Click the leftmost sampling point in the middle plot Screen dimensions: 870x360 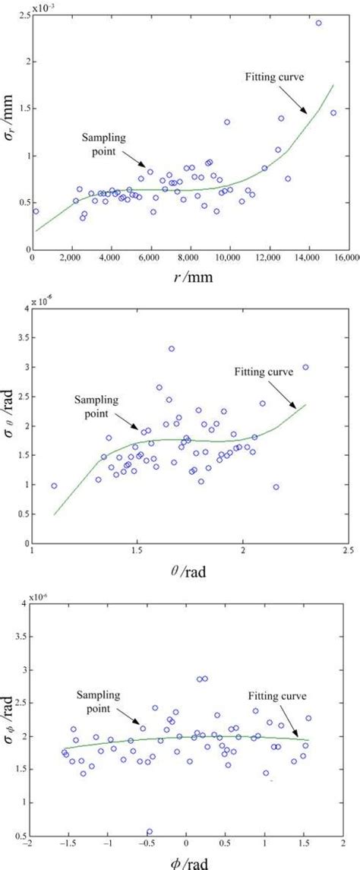[x=54, y=486]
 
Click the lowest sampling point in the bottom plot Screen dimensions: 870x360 [x=150, y=832]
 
